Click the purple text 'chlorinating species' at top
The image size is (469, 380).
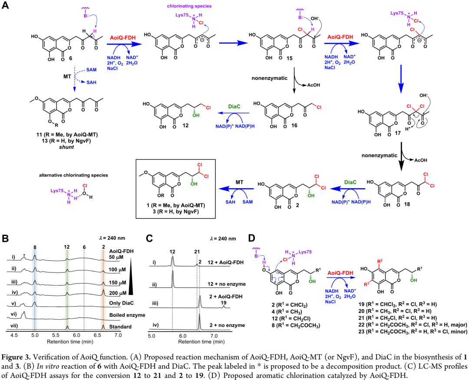click(179, 6)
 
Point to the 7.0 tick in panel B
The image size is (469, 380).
click(118, 335)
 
